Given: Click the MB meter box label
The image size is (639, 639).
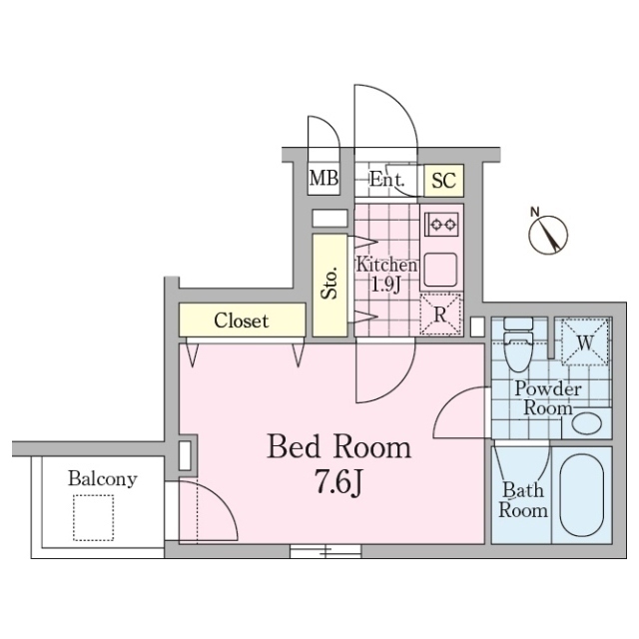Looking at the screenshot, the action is [323, 179].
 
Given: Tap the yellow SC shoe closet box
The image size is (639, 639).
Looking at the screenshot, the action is [443, 180].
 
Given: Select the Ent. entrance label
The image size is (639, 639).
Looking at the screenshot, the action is [386, 180].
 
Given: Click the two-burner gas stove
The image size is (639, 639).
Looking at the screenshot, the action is [442, 224].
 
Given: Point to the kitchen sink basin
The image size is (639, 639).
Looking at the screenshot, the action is [441, 270].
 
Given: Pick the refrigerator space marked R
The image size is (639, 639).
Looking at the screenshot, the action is [440, 315].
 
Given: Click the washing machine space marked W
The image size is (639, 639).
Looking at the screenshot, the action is [585, 341].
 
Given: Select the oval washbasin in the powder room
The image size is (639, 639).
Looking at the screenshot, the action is [587, 423].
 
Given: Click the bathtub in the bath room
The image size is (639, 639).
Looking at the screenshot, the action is [581, 495].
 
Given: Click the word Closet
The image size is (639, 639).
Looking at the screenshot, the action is [242, 320].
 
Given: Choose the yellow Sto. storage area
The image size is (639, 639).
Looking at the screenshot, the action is [329, 285].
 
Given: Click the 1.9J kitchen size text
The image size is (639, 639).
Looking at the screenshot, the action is [385, 285].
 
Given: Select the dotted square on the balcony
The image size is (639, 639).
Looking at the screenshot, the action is [93, 517].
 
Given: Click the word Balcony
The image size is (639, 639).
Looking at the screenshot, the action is [102, 479].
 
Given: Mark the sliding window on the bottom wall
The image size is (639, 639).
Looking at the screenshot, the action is [325, 551].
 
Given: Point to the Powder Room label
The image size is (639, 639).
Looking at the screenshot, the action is [548, 398].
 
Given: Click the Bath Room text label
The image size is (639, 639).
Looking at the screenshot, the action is [523, 500].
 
